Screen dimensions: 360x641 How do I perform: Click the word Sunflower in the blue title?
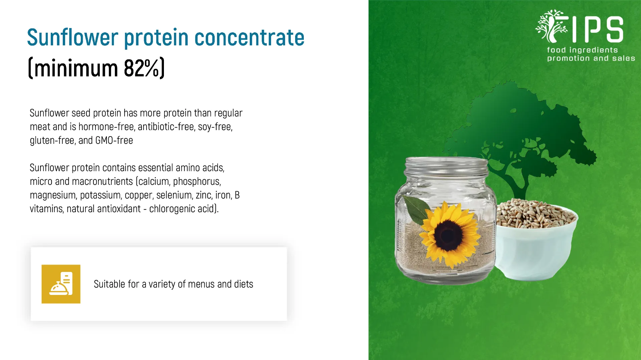coord(72,37)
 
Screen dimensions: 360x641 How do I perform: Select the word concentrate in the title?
coord(249,37)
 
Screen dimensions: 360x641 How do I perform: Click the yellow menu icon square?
coord(61,284)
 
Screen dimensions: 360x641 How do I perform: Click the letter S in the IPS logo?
coord(615,30)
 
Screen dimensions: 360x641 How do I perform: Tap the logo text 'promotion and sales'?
coord(591,58)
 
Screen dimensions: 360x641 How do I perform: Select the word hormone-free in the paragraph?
coord(106,127)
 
